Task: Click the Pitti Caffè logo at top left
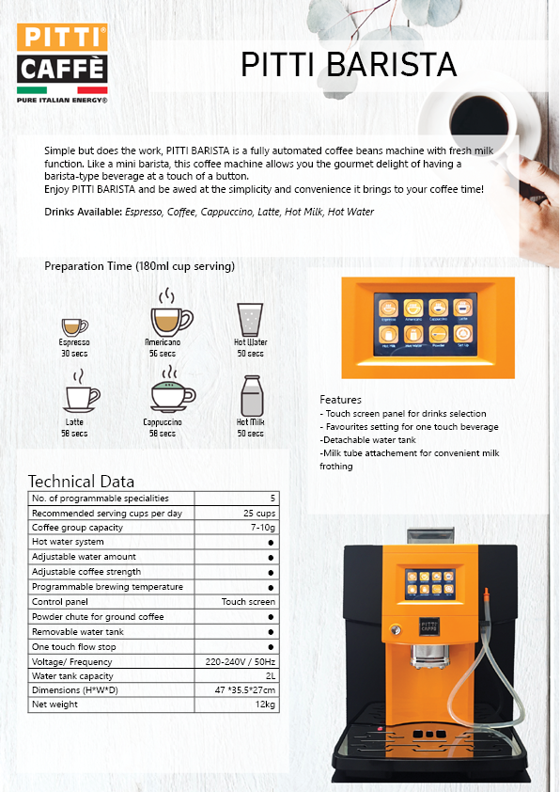click(x=62, y=63)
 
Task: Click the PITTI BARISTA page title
click(x=349, y=64)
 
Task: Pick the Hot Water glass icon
click(x=250, y=319)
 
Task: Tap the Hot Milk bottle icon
click(x=251, y=396)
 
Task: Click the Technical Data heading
click(x=81, y=481)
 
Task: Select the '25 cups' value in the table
click(x=259, y=513)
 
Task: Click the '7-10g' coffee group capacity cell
click(x=262, y=528)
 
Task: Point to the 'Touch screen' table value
click(x=248, y=602)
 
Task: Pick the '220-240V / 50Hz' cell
click(x=241, y=661)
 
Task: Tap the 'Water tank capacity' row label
click(x=71, y=676)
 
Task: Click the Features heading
click(x=340, y=400)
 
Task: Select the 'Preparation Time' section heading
click(x=139, y=266)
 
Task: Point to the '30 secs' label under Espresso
click(x=74, y=354)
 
